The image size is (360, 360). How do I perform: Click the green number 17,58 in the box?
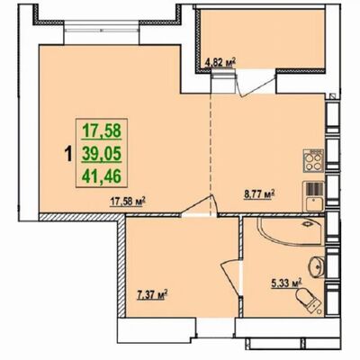click(x=102, y=130)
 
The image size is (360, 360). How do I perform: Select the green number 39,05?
click(x=102, y=154)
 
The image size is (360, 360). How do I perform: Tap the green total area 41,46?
click(x=102, y=176)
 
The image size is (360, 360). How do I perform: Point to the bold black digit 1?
click(x=68, y=154)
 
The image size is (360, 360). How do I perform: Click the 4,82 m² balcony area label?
click(x=220, y=63)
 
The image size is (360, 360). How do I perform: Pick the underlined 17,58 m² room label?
click(x=128, y=201)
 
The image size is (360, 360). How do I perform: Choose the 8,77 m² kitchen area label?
click(x=259, y=195)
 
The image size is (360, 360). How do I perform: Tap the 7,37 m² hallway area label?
click(x=152, y=295)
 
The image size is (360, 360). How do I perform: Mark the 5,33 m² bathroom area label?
click(x=286, y=283)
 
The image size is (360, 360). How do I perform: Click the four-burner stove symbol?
click(x=313, y=160)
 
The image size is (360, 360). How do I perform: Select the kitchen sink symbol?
click(x=314, y=196)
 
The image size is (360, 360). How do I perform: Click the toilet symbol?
click(x=309, y=301)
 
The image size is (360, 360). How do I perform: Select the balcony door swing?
click(x=256, y=84)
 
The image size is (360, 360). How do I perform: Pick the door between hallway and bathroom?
click(x=231, y=277)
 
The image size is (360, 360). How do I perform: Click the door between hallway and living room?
click(x=199, y=205)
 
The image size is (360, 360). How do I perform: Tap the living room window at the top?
click(x=102, y=30)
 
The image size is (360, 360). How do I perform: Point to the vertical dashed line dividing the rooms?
click(x=211, y=155)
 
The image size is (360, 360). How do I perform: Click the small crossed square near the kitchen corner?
click(x=332, y=96)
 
